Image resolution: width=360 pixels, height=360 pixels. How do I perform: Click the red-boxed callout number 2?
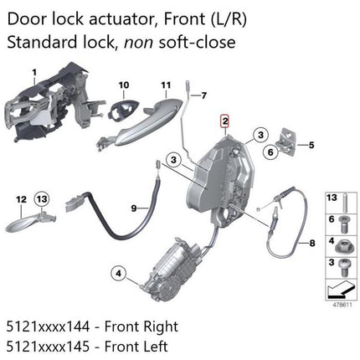tap(224, 122)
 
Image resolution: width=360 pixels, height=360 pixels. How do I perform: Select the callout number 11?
tap(165, 85)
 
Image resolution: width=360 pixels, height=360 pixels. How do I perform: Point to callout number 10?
tap(124, 85)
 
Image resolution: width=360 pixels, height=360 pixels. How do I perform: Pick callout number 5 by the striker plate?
tap(311, 145)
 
